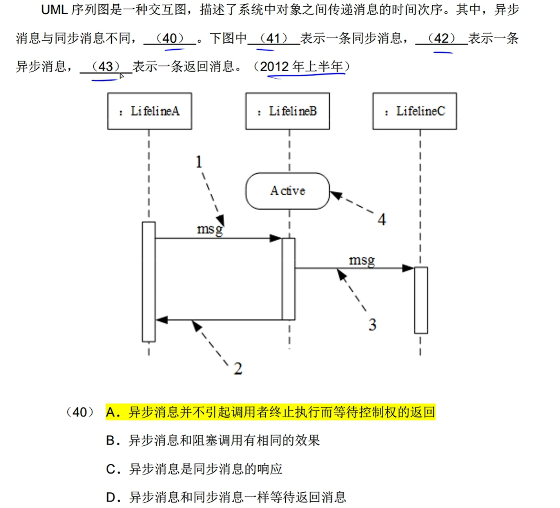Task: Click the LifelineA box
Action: click(x=149, y=111)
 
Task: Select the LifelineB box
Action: click(x=287, y=111)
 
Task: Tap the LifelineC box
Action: click(x=415, y=111)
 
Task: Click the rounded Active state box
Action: click(x=287, y=191)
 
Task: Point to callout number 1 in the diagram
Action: click(x=199, y=162)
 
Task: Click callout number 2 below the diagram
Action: click(x=238, y=369)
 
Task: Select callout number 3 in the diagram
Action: click(x=372, y=324)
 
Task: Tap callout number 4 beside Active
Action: click(x=382, y=219)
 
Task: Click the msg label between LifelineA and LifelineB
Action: click(x=210, y=229)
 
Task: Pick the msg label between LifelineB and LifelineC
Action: click(x=362, y=260)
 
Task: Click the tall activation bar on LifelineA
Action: click(x=149, y=282)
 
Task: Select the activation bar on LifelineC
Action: click(x=421, y=300)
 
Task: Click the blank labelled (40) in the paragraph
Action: click(x=170, y=38)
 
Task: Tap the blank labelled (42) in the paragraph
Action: click(x=441, y=38)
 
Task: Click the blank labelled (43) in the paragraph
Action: click(x=105, y=67)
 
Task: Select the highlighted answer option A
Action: click(x=270, y=412)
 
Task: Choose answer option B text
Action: click(x=213, y=441)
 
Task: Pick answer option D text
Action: click(x=226, y=497)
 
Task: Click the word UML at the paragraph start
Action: click(x=54, y=10)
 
